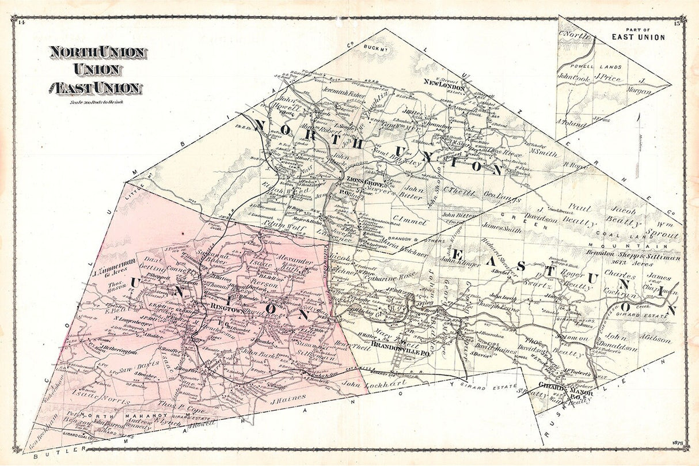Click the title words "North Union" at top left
click(x=97, y=52)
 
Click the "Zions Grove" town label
click(x=364, y=180)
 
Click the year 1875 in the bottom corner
click(x=677, y=442)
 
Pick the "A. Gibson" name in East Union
click(x=656, y=340)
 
